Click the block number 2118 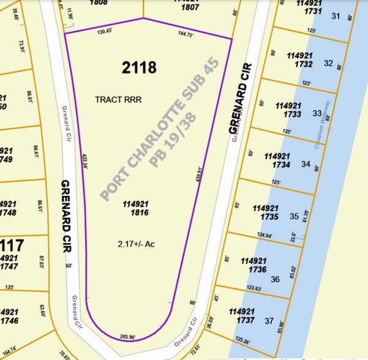[139, 67]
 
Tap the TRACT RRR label [119, 99]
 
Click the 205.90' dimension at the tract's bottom [127, 336]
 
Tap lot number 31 [335, 16]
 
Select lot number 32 [329, 63]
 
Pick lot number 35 [294, 216]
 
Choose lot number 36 [274, 279]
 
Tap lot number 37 [269, 321]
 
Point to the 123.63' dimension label [257, 288]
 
